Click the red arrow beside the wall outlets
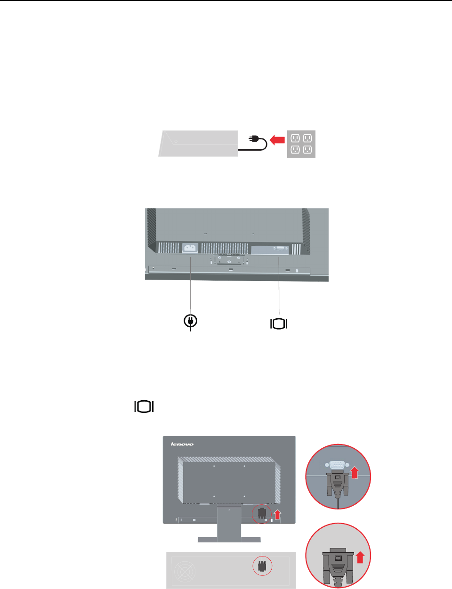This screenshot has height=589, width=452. (278, 139)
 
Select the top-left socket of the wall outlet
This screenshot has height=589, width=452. (295, 138)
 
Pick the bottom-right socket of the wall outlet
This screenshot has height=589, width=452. (307, 150)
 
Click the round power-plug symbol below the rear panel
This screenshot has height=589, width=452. (190, 321)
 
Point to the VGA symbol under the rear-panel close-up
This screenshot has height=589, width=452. (279, 323)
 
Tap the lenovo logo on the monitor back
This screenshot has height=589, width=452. (182, 444)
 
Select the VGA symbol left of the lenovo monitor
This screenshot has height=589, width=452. (145, 406)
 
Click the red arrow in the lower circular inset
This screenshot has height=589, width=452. (360, 557)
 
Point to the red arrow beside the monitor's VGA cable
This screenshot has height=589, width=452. (277, 514)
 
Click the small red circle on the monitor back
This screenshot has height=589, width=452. (262, 515)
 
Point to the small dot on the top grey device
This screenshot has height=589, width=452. (174, 141)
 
